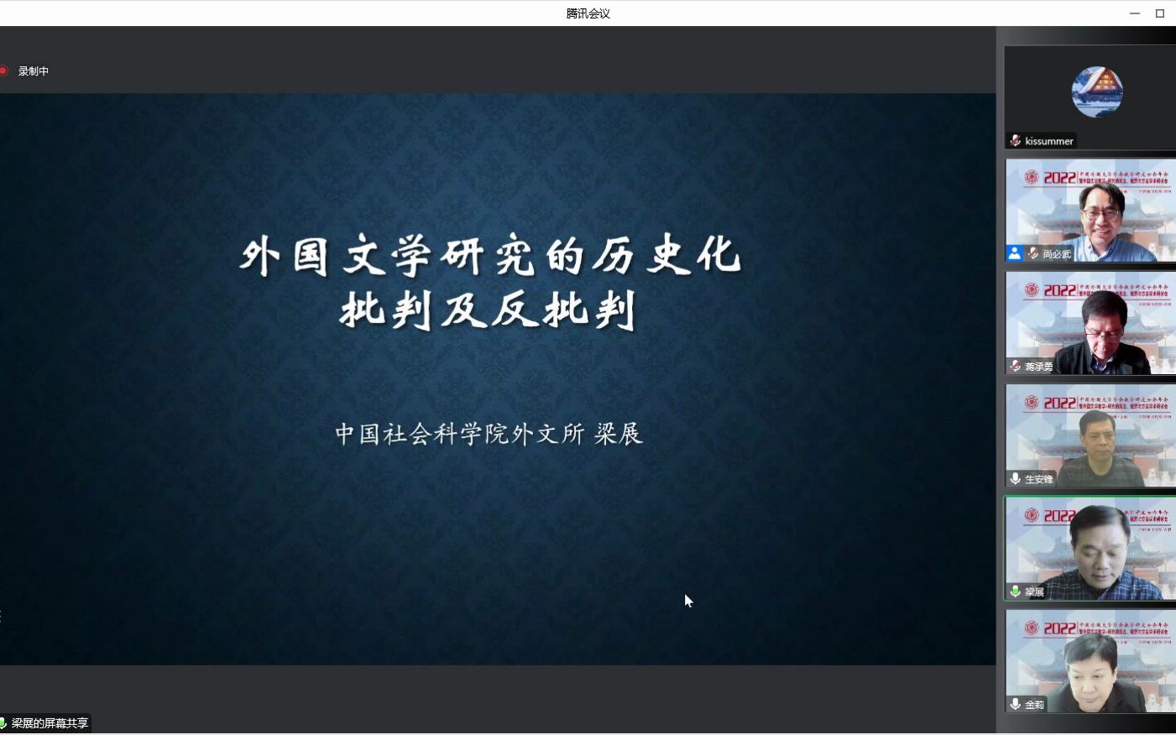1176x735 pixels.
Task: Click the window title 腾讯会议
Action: coord(588,13)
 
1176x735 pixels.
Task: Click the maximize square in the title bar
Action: coord(1160,13)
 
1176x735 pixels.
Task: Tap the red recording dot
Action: coord(3,70)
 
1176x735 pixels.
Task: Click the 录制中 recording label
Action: coord(34,71)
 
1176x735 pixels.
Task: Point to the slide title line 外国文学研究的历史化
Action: coord(490,255)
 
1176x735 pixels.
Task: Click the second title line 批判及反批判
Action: coord(488,310)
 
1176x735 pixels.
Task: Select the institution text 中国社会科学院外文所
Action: coord(459,434)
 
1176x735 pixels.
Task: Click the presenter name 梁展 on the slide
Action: coord(619,434)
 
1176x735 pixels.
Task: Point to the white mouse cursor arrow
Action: coord(688,600)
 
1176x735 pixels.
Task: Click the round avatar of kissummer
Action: coord(1097,91)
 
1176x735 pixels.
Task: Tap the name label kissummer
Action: coord(1048,141)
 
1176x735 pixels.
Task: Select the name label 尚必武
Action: coord(1056,253)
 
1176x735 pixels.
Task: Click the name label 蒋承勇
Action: coord(1038,367)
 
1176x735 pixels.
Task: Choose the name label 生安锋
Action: coord(1038,479)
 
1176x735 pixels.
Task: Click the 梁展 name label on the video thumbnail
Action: coord(1034,592)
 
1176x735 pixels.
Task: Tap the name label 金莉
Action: coord(1034,705)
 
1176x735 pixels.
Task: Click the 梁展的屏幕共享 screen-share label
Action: coord(50,723)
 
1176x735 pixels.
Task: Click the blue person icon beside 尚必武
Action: coord(1015,253)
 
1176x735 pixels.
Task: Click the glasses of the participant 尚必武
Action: coord(1100,213)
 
